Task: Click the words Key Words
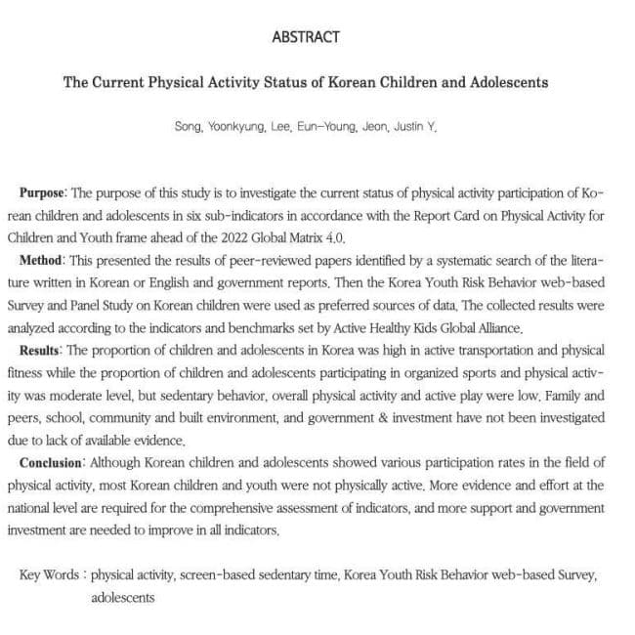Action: point(49,575)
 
